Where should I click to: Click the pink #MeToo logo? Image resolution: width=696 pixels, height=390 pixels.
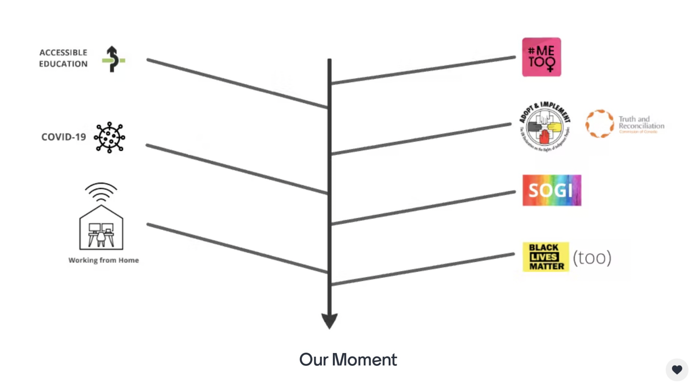541,57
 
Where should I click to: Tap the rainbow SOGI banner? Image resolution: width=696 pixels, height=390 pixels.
552,190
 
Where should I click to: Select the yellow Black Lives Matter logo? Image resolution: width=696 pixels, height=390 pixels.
546,257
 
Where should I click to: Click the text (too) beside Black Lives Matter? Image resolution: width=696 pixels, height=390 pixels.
592,258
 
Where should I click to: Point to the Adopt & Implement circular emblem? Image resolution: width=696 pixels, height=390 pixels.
544,127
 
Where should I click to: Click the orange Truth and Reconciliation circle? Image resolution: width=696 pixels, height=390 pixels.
599,124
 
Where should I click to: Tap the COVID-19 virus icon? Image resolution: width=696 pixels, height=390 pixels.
109,137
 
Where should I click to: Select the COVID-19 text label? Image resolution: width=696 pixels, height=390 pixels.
64,137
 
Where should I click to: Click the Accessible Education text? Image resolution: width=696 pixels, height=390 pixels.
63,58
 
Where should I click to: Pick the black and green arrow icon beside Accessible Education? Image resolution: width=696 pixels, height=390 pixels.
113,59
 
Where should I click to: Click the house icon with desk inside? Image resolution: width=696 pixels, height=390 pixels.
101,228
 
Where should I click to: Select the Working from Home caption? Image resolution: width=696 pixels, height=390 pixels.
104,260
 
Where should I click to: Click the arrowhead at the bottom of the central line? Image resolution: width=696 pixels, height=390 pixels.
329,321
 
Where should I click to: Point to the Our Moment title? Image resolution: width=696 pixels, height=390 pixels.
348,359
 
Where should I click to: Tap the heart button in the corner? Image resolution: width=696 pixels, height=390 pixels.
677,369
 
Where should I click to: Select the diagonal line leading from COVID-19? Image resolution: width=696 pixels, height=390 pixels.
237,169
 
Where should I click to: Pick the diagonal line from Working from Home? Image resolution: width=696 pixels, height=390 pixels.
237,248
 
